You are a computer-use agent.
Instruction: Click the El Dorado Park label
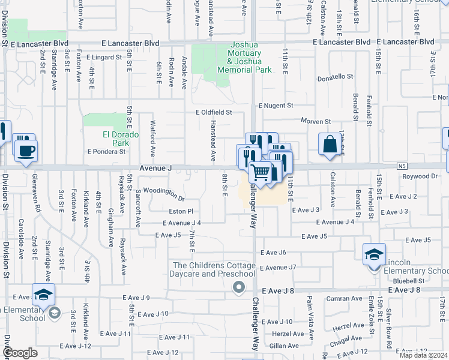pyautogui.click(x=116, y=139)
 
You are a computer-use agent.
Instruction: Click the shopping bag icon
pyautogui.click(x=329, y=144)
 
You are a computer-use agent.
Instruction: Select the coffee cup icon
pyautogui.click(x=25, y=150)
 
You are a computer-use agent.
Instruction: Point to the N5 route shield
pyautogui.click(x=402, y=166)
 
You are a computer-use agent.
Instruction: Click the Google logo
pyautogui.click(x=19, y=353)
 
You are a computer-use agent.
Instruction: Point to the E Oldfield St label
pyautogui.click(x=213, y=112)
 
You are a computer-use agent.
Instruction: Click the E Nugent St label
pyautogui.click(x=276, y=106)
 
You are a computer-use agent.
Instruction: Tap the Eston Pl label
pyautogui.click(x=181, y=211)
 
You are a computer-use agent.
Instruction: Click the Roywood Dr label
pyautogui.click(x=420, y=176)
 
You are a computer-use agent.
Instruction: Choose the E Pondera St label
pyautogui.click(x=106, y=152)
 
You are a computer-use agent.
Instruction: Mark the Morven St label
pyautogui.click(x=316, y=121)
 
